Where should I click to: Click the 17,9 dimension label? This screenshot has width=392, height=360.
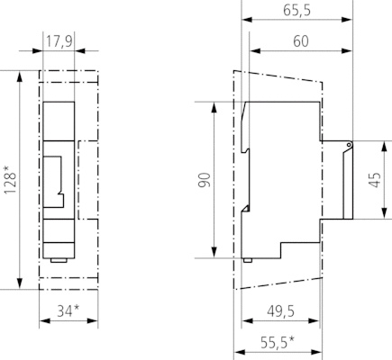[59, 41]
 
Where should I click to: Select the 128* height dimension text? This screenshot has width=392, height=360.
[10, 179]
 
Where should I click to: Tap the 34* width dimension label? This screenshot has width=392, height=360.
[68, 311]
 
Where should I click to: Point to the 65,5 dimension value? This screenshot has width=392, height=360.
[296, 10]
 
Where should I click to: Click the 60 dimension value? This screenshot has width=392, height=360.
[301, 41]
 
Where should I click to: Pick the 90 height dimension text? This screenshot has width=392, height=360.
[205, 180]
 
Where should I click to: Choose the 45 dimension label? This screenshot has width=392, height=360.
[375, 180]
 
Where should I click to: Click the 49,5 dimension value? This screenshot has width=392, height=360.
[280, 311]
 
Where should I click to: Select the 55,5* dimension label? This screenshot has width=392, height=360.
[278, 343]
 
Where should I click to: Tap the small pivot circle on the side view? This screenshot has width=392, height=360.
[349, 145]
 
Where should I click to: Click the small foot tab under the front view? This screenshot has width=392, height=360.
[59, 260]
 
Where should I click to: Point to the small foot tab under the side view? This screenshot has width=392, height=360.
[248, 260]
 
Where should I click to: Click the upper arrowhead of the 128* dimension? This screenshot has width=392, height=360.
[20, 76]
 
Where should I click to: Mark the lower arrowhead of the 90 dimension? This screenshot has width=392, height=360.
[214, 252]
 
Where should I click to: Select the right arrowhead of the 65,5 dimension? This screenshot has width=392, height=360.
[346, 20]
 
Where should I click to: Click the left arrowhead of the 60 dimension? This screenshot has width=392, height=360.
[255, 50]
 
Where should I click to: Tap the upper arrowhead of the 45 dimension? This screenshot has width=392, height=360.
[384, 146]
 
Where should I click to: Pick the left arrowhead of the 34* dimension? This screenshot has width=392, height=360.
[44, 321]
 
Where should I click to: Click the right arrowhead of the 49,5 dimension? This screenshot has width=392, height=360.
[314, 321]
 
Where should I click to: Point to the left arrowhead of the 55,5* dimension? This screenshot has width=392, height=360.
[239, 352]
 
